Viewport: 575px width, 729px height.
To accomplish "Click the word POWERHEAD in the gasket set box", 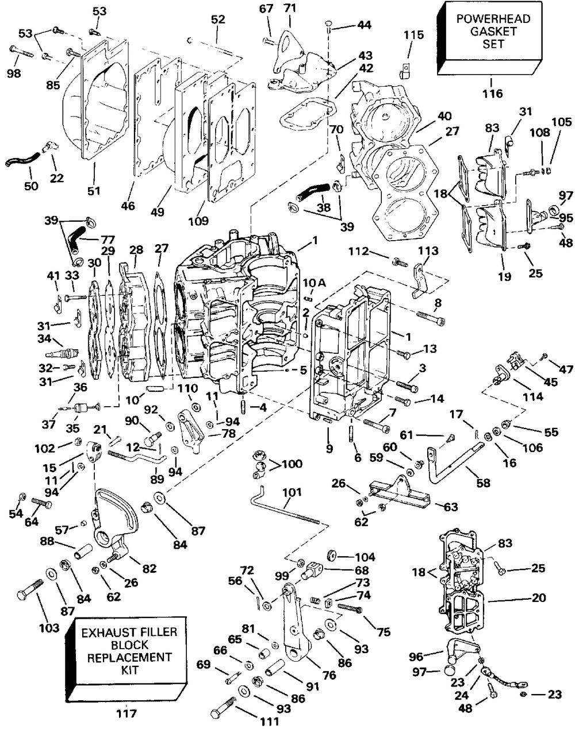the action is point(493,19).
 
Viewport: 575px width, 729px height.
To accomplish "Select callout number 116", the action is point(493,93).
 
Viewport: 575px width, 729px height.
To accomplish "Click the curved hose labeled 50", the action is point(22,160).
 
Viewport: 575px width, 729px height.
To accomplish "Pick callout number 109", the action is point(198,221).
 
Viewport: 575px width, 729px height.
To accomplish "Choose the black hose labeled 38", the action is point(313,192).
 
